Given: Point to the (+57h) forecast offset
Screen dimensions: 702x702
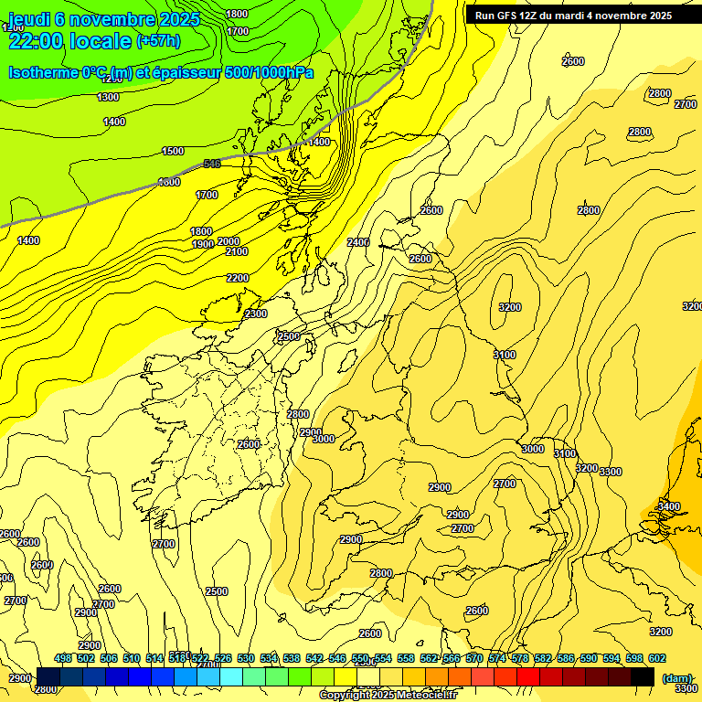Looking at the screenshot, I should [x=158, y=41].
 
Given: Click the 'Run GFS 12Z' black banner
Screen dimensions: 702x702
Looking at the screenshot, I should [x=573, y=16].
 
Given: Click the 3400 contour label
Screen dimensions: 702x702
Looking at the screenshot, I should [x=669, y=506].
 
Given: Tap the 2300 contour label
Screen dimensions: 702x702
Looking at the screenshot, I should [x=256, y=314].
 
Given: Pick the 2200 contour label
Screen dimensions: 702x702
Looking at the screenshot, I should [x=238, y=278].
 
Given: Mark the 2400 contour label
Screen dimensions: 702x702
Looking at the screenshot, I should [x=358, y=242].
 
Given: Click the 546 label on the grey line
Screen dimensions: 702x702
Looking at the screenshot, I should [x=212, y=164].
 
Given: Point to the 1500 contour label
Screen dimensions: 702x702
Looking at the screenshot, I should [x=172, y=151].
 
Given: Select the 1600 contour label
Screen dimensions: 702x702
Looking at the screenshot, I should [x=169, y=182].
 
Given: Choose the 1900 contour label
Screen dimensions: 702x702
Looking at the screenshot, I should [x=203, y=244].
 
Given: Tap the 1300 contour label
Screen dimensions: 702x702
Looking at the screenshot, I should [x=108, y=97].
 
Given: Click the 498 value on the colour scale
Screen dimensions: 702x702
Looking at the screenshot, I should [x=62, y=658].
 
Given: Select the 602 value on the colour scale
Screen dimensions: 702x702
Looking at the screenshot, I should [x=657, y=658].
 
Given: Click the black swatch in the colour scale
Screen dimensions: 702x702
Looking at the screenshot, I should [x=642, y=676].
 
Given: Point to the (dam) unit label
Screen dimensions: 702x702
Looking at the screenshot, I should [x=676, y=677].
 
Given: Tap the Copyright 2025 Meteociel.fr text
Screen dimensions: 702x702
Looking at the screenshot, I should [x=388, y=696].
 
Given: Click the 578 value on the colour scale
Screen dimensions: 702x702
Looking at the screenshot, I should [x=520, y=658].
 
